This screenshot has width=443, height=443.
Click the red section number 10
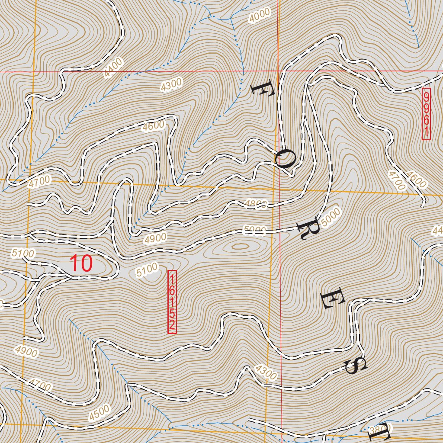coord(81,263)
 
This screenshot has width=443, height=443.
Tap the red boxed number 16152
coord(172,302)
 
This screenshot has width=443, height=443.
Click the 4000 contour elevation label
coord(260,15)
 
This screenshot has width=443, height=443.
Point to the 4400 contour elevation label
coord(113,68)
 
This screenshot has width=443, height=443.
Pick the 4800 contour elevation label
coord(256,205)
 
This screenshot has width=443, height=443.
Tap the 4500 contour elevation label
coord(100,413)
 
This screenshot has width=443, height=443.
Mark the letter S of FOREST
coord(356,366)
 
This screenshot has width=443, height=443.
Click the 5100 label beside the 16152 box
coord(147,270)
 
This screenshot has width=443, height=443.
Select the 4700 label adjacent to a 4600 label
coord(396,180)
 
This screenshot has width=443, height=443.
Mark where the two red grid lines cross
coord(279,71)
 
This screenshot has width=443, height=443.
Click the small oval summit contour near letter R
coord(240,247)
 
